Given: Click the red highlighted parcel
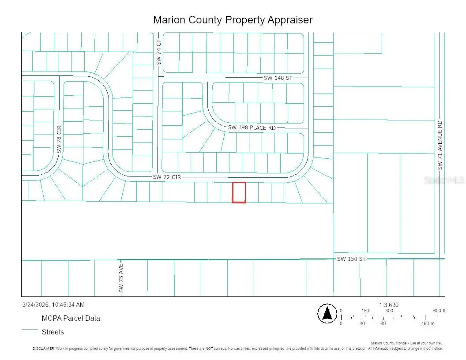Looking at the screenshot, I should (x=239, y=192).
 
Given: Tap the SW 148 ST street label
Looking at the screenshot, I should (x=278, y=78).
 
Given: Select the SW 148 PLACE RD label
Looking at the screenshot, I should (x=252, y=127).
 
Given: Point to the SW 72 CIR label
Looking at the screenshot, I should (x=167, y=177).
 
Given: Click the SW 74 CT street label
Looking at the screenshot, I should (x=159, y=52).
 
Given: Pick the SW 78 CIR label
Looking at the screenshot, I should (x=59, y=139).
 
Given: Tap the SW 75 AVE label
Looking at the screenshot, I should (x=121, y=278).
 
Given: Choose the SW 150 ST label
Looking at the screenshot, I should (x=351, y=259).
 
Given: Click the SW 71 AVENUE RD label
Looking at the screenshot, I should (x=440, y=145).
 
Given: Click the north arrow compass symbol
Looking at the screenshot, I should (x=327, y=314).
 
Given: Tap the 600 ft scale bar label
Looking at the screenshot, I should (x=439, y=311).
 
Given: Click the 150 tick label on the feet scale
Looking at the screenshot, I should (x=365, y=311).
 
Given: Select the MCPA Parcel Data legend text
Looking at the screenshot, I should (x=71, y=318).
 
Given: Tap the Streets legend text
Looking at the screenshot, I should (x=53, y=332).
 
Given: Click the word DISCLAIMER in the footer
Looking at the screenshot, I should (x=43, y=349).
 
